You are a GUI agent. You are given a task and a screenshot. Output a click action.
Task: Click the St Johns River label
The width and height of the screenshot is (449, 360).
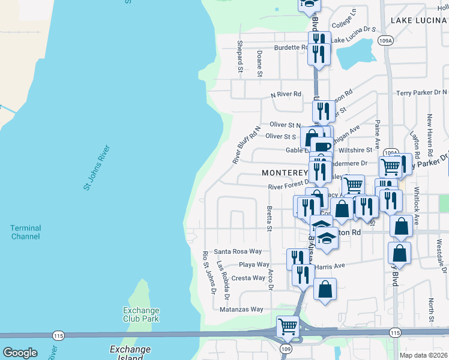click(x=97, y=168)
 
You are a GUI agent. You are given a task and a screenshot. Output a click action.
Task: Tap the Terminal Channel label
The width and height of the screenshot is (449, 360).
click(x=26, y=232)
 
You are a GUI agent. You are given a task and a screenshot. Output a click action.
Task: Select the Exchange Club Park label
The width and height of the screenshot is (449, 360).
click(x=141, y=314)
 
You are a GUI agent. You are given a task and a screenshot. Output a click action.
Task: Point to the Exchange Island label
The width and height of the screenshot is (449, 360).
click(x=130, y=353)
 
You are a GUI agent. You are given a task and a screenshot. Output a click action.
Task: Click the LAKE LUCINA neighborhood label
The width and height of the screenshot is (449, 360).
click(x=416, y=20)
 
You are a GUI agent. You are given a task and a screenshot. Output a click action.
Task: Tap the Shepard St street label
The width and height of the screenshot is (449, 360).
click(x=240, y=56)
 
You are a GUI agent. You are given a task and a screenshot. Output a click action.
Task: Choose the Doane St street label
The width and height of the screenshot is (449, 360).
click(x=259, y=64)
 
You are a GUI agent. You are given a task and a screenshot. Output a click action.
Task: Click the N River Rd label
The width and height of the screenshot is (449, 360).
click(x=286, y=94)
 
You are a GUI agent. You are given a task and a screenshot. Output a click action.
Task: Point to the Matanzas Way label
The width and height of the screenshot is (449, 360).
click(x=241, y=310)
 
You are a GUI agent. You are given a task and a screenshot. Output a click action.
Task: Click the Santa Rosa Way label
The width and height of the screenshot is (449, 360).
click(x=238, y=251)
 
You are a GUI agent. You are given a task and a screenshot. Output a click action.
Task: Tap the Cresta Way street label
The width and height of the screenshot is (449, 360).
click(x=249, y=278)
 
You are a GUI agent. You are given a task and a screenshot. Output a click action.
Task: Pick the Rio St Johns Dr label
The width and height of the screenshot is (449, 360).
click(x=209, y=273)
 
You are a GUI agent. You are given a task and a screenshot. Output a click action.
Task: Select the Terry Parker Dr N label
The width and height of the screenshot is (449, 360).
click(x=423, y=92)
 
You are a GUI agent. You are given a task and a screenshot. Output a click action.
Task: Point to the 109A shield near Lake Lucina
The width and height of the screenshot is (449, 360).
click(x=386, y=41)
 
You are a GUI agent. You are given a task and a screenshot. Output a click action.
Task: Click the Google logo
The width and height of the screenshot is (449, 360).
click(x=20, y=353)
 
